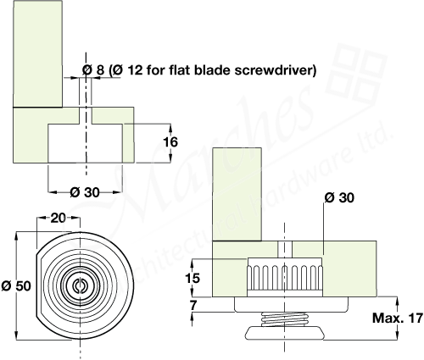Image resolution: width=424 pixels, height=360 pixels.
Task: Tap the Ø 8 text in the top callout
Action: click(94, 70)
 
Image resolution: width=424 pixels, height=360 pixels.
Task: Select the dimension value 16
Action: click(170, 142)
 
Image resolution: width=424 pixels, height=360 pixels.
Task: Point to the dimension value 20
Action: click(57, 218)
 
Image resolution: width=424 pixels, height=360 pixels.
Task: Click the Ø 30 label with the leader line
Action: click(337, 197)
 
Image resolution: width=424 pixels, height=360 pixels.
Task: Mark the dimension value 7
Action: click(194, 303)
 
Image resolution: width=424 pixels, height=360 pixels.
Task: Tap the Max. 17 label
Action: click(395, 318)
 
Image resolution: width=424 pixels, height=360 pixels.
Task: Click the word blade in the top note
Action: click(212, 70)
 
